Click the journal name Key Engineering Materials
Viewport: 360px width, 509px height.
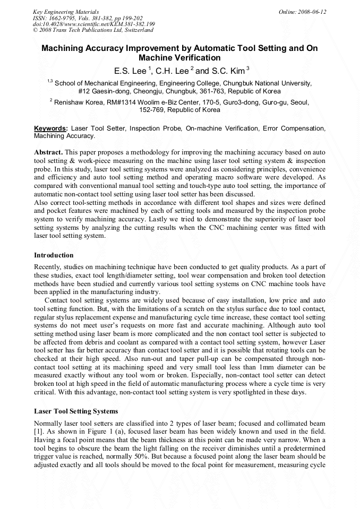pyautogui.click(x=65, y=11)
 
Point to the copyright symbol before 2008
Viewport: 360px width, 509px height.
pyautogui.click(x=35, y=30)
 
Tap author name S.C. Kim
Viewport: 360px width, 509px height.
pyautogui.click(x=227, y=71)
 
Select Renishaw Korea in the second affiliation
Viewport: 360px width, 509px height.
pyautogui.click(x=78, y=101)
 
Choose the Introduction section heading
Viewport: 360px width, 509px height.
pyautogui.click(x=54, y=255)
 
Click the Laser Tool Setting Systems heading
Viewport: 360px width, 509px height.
pyautogui.click(x=76, y=411)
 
